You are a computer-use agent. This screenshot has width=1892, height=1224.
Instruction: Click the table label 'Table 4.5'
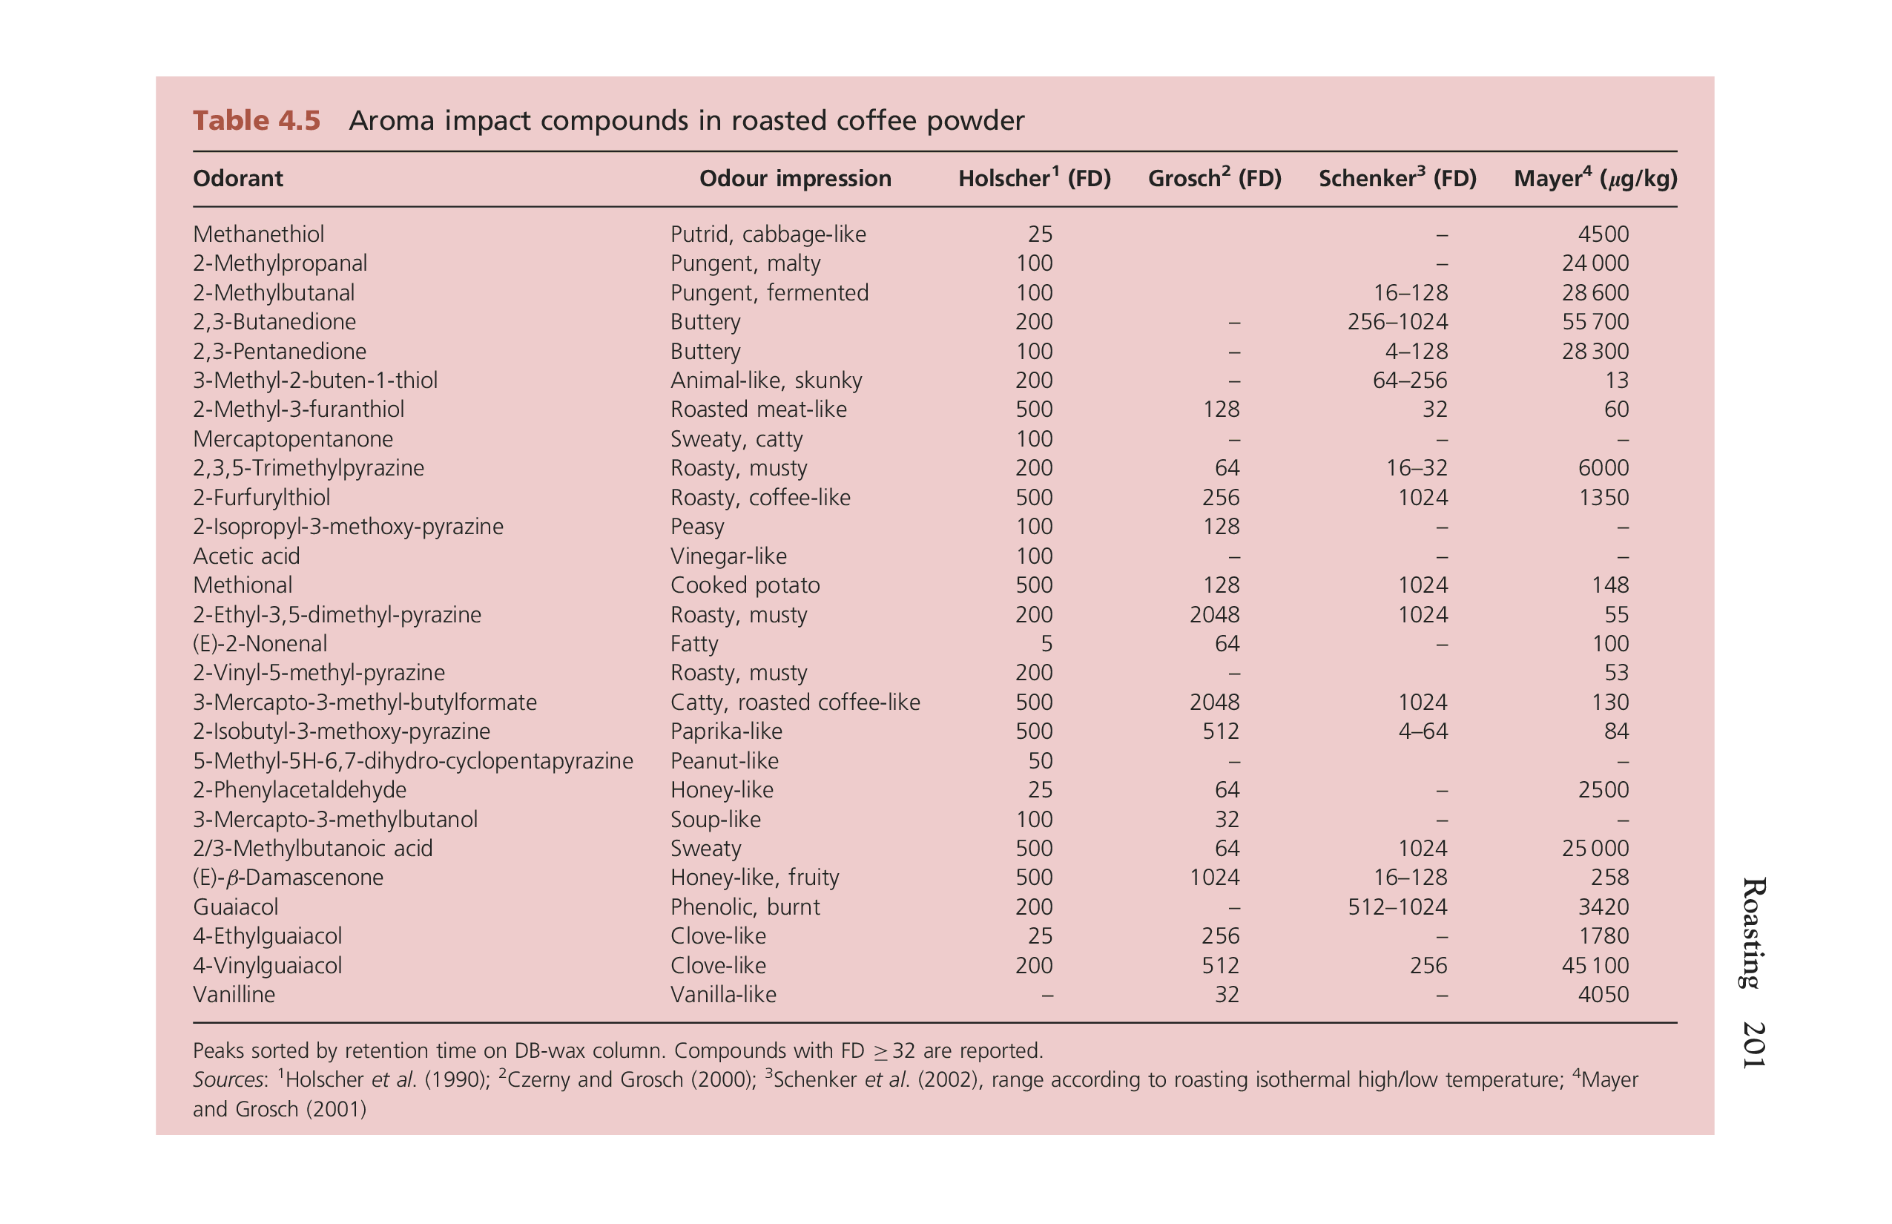[x=256, y=121]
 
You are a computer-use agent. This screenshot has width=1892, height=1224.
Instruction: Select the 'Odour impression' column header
[x=794, y=178]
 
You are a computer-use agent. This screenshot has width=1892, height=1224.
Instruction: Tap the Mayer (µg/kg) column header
[x=1595, y=178]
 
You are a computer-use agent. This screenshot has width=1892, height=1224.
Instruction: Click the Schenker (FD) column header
[x=1397, y=178]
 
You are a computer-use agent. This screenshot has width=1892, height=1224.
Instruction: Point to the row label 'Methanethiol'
[x=258, y=234]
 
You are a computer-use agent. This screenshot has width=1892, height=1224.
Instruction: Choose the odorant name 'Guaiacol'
[x=235, y=907]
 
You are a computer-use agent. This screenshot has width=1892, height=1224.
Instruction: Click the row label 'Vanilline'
[x=234, y=994]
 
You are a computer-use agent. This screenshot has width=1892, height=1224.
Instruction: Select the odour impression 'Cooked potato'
[x=745, y=585]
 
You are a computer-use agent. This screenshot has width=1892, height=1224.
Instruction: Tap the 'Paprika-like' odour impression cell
[x=725, y=731]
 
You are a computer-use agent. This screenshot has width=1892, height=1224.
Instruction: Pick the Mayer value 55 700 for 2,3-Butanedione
[x=1595, y=322]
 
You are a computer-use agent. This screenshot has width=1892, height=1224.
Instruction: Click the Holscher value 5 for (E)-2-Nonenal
[x=1046, y=644]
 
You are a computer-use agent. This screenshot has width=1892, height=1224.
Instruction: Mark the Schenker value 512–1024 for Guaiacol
[x=1397, y=907]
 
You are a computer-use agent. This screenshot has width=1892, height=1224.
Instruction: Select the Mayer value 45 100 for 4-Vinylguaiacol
[x=1595, y=966]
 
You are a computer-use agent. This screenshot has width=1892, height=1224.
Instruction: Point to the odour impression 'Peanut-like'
[x=724, y=760]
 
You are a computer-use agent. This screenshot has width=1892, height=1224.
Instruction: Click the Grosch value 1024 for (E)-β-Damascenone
[x=1213, y=878]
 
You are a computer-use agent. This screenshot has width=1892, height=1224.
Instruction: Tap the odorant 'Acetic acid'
[x=246, y=556]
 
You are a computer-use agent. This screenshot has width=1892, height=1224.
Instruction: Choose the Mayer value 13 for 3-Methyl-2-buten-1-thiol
[x=1615, y=381]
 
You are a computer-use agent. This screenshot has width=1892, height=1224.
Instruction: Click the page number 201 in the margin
[x=1754, y=1044]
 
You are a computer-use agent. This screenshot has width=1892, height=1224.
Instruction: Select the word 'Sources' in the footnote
[x=228, y=1079]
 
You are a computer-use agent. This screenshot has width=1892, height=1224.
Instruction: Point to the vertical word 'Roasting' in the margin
[x=1754, y=932]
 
